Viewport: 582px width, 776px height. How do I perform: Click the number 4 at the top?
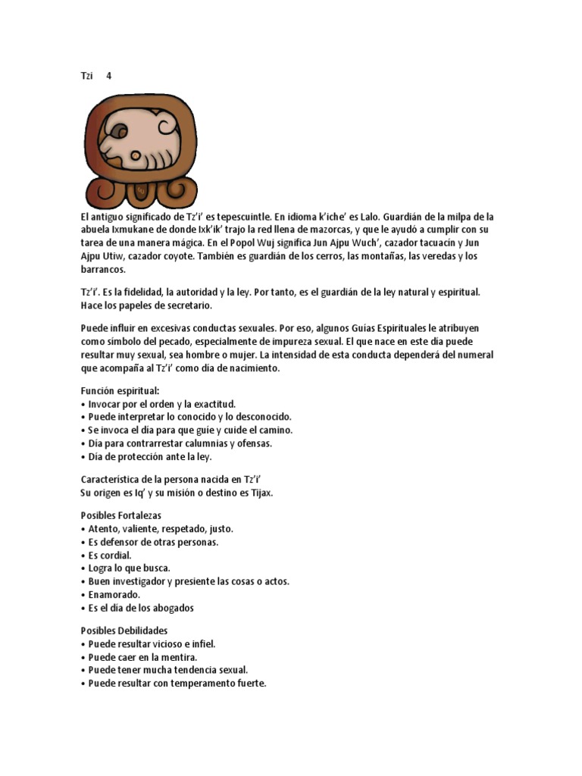click(109, 76)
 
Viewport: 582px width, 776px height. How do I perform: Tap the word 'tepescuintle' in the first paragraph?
click(255, 217)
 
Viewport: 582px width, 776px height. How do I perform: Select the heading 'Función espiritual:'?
click(120, 390)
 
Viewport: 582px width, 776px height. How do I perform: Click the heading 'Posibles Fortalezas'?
click(121, 515)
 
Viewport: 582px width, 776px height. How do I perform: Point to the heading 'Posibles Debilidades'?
click(124, 630)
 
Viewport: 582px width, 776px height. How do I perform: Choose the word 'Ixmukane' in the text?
click(136, 230)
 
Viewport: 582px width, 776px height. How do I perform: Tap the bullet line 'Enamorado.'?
click(114, 595)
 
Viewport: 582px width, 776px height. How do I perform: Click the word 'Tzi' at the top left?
click(87, 76)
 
